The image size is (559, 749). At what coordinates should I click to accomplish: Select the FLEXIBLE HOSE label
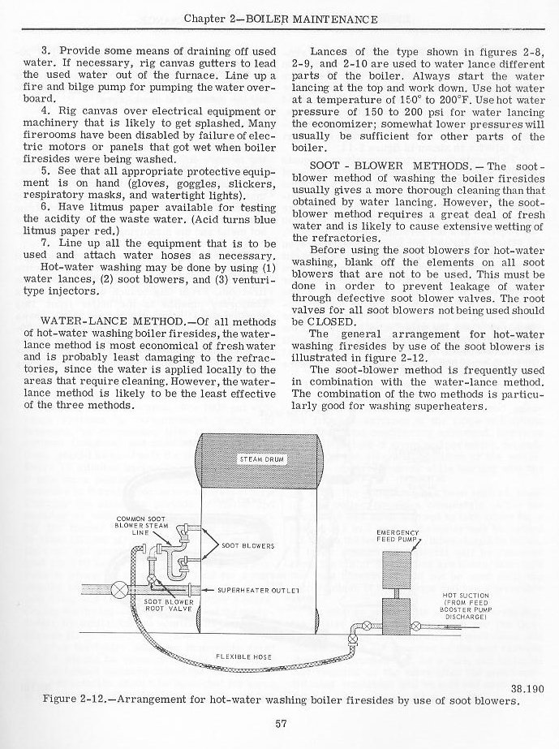pyautogui.click(x=237, y=656)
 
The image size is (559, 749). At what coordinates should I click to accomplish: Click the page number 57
pyautogui.click(x=278, y=725)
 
